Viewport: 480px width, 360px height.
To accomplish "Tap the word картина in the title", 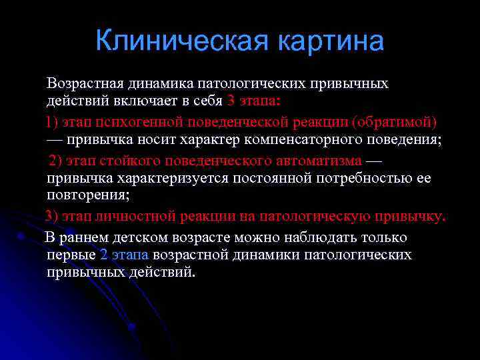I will click(331, 41).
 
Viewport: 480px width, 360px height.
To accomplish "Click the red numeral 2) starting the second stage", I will click(56, 161).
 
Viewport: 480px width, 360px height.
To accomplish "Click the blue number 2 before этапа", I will click(103, 255).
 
